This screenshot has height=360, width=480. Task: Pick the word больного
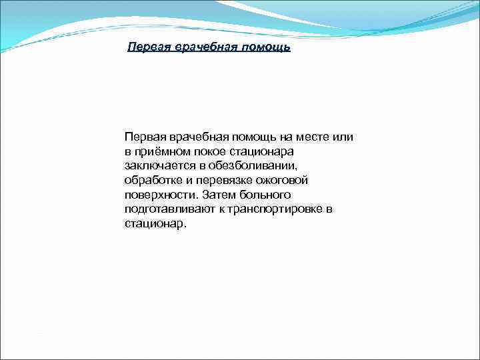pyautogui.click(x=269, y=195)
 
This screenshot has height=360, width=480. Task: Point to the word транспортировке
pyautogui.click(x=275, y=209)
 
